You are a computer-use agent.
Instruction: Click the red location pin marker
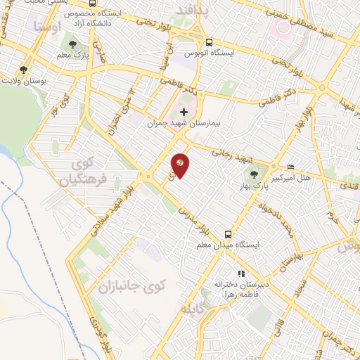click(180, 165)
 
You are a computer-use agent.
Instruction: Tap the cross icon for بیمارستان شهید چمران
click(184, 112)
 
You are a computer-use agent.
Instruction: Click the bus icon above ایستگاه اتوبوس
click(209, 41)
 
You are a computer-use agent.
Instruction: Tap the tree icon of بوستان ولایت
click(23, 70)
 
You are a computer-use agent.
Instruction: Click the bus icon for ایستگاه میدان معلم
click(229, 234)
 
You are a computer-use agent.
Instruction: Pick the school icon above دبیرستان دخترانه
click(241, 274)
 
